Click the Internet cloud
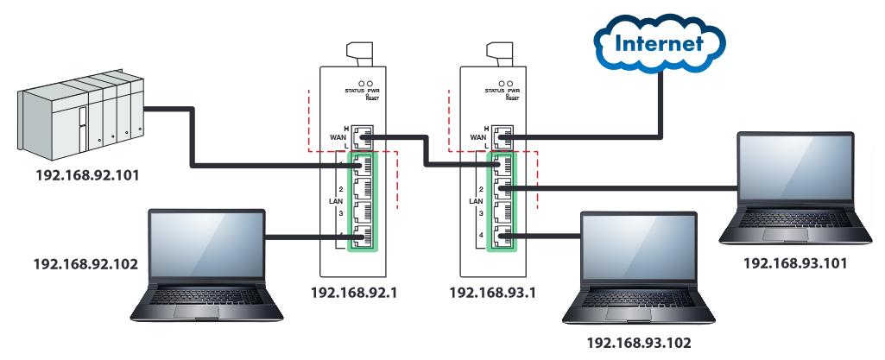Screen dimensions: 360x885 [x=660, y=42]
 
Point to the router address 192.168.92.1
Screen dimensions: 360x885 [x=354, y=292]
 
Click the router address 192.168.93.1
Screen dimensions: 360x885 [x=493, y=292]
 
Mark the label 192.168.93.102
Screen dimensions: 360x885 [x=639, y=343]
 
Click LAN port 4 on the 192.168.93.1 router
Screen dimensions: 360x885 [x=502, y=235]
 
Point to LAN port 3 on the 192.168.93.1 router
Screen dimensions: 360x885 [x=502, y=212]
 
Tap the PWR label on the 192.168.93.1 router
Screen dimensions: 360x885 [x=515, y=90]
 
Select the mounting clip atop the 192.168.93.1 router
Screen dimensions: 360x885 [x=501, y=51]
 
